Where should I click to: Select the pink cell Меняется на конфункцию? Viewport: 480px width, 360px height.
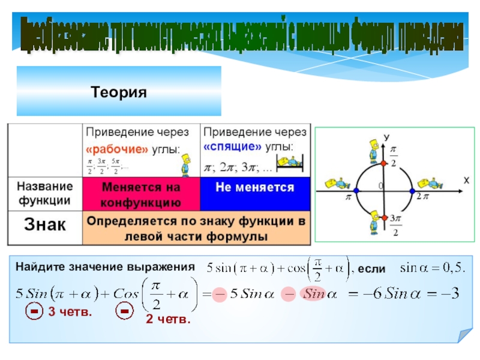(140, 194)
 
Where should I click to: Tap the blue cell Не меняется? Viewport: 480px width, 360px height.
(255, 187)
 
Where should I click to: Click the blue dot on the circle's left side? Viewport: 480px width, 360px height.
(355, 191)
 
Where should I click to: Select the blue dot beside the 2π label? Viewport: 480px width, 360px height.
(412, 191)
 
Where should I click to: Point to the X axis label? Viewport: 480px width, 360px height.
(465, 179)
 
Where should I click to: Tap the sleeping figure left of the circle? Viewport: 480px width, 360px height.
(337, 182)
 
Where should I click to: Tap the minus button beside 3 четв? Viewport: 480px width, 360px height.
(35, 313)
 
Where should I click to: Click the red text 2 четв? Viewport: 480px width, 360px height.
(167, 321)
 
